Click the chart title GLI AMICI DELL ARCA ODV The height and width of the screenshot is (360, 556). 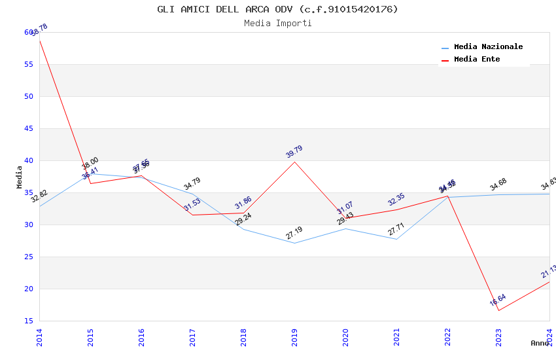click(x=277, y=9)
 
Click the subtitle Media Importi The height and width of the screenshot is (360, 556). click(x=277, y=23)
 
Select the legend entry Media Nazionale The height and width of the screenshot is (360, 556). click(x=488, y=47)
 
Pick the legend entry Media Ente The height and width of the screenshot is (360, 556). click(x=477, y=60)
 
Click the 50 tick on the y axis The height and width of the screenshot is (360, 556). click(x=29, y=96)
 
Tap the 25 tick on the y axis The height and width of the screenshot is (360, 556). click(x=29, y=257)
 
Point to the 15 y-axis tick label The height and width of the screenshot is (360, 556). click(x=29, y=321)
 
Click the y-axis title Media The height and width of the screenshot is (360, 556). click(x=20, y=177)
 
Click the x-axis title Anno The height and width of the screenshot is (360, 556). click(x=540, y=343)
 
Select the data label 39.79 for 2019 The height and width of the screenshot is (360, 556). click(x=294, y=152)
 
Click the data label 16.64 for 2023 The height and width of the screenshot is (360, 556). click(x=498, y=300)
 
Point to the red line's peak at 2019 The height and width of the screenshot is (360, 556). click(x=294, y=162)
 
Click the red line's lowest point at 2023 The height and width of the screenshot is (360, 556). click(x=498, y=310)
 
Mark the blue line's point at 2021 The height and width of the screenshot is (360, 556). click(x=396, y=239)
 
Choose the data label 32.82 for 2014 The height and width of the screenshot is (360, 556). click(x=39, y=196)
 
